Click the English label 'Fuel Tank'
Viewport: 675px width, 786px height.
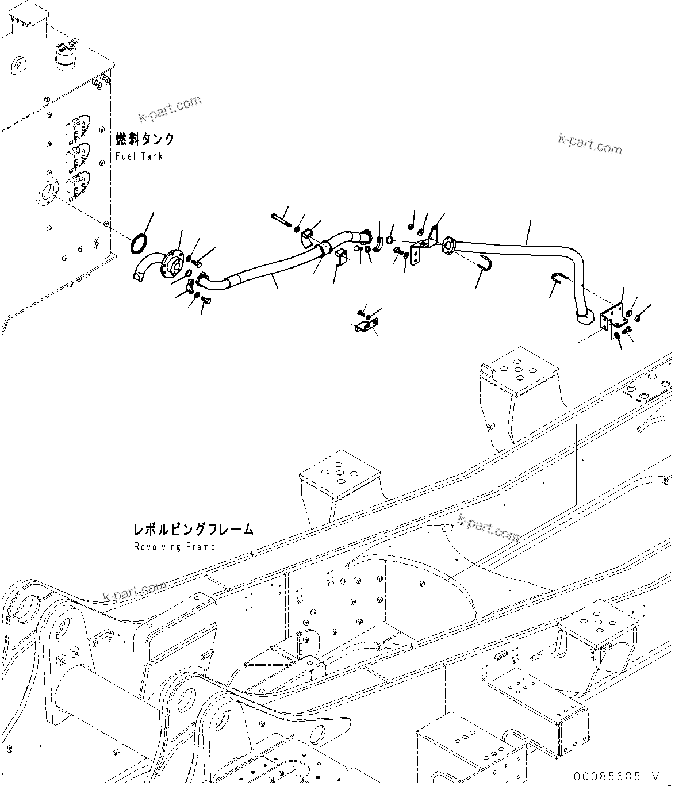(x=139, y=156)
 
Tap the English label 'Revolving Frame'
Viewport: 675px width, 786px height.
(x=175, y=546)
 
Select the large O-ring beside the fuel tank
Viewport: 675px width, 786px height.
(x=139, y=243)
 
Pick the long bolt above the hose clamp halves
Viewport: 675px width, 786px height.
(x=280, y=218)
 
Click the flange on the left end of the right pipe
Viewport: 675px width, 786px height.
(x=448, y=245)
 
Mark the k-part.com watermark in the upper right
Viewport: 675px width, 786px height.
(x=590, y=144)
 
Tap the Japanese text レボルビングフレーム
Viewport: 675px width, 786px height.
(x=193, y=530)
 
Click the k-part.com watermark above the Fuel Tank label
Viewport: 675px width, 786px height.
(x=170, y=109)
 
